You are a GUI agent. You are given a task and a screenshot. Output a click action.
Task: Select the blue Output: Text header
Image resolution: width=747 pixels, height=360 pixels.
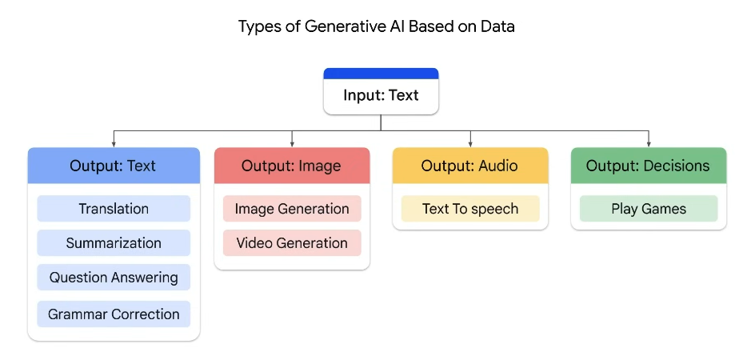(x=114, y=166)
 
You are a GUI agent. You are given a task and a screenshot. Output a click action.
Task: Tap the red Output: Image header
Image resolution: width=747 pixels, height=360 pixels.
(x=292, y=166)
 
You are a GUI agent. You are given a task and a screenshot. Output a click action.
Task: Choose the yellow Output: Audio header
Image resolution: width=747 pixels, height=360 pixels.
(x=470, y=166)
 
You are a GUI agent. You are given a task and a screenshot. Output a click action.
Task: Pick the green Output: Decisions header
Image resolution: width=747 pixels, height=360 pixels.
(x=649, y=166)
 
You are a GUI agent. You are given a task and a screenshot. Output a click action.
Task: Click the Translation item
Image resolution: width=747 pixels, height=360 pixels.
(x=114, y=208)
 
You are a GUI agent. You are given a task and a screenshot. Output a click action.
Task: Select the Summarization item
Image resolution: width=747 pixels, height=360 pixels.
(x=114, y=242)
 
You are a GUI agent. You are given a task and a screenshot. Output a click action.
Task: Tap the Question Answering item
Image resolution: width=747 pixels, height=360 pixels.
(x=114, y=277)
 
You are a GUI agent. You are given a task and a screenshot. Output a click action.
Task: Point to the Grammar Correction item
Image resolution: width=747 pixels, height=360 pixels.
(x=114, y=314)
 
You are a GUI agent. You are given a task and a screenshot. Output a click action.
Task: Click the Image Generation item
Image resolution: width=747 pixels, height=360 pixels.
(x=292, y=208)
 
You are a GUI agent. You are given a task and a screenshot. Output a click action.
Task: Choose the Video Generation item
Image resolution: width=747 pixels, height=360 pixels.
(x=292, y=242)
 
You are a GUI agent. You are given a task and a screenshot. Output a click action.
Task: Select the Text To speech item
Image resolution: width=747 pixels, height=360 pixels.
(x=470, y=208)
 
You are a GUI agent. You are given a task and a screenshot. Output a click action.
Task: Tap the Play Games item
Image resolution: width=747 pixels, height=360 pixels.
(x=649, y=208)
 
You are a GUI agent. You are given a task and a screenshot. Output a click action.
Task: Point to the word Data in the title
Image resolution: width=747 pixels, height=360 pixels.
(x=497, y=26)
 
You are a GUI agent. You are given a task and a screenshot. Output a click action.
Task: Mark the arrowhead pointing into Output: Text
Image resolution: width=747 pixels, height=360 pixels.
(x=114, y=144)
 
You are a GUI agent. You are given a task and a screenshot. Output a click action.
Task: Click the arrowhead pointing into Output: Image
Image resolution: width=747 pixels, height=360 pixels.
(x=292, y=144)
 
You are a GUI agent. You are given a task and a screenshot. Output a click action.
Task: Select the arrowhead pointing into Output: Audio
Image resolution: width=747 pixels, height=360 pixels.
(x=470, y=144)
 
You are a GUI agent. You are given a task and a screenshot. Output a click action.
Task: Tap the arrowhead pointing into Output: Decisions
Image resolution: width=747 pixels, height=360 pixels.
(x=649, y=144)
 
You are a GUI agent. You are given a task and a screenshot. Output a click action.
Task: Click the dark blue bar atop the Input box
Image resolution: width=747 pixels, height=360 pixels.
(x=381, y=74)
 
